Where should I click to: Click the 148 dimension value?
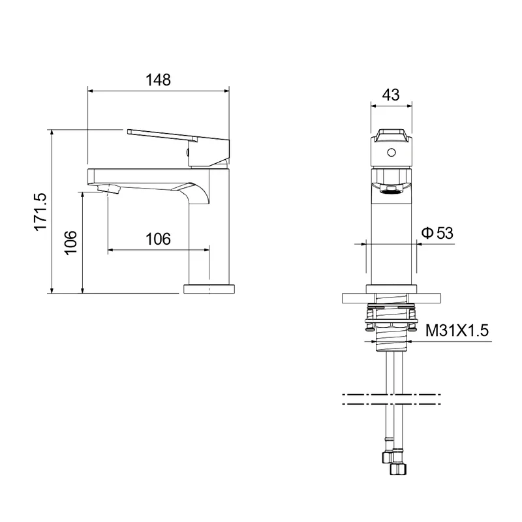pos(158,80)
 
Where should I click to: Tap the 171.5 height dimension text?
pos(40,211)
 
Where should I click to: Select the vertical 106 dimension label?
pos(70,243)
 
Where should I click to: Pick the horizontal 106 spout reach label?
pos(158,239)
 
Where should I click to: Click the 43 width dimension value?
pos(391,95)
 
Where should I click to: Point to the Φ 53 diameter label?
pos(437,233)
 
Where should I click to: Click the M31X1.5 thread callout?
pos(457,331)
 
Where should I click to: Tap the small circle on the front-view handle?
pos(391,153)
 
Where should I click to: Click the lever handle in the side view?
pos(178,147)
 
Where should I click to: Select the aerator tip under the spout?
pos(108,189)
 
